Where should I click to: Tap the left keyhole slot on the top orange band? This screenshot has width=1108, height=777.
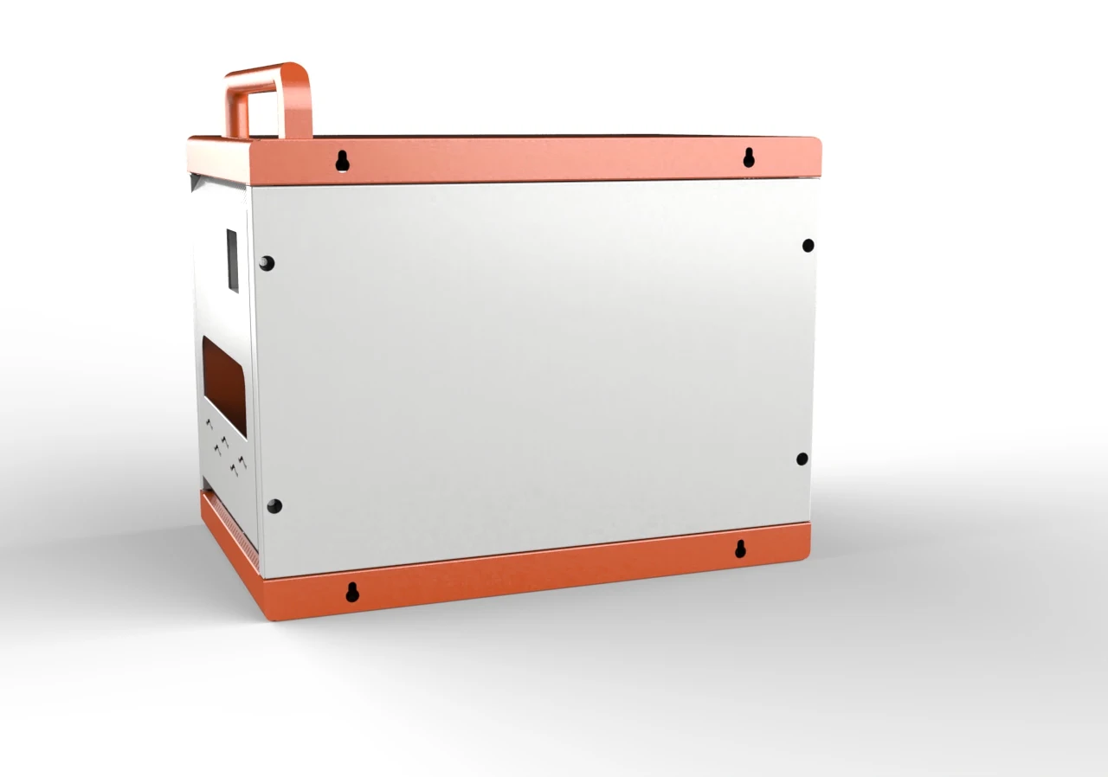[x=343, y=161]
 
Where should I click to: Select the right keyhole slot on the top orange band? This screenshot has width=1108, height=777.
[x=749, y=157]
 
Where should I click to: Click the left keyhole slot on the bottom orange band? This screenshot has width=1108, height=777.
[x=352, y=592]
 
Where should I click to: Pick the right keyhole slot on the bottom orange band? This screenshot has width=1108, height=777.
[x=741, y=549]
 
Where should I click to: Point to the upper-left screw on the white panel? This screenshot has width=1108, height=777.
[x=267, y=263]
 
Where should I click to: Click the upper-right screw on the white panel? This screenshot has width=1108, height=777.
[x=808, y=246]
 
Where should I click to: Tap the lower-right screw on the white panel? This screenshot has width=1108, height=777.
[x=802, y=459]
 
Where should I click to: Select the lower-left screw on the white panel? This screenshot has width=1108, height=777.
[x=274, y=506]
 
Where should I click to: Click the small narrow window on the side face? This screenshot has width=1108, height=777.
[x=232, y=260]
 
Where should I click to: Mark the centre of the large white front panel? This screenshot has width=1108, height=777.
[x=532, y=372]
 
